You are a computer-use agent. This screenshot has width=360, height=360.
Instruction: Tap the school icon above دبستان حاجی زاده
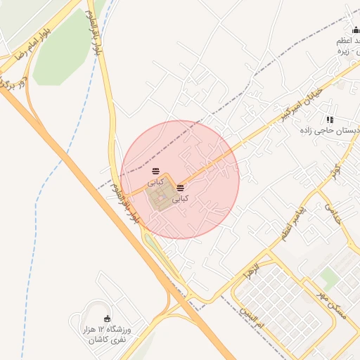330,120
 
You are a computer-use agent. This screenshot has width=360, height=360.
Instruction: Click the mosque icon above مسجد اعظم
355,30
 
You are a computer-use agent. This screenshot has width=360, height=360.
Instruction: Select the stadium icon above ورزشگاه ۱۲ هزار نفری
107,319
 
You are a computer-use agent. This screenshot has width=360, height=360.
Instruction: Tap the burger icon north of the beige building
155,172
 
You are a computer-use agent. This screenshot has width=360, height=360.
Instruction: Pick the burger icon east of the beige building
181,188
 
